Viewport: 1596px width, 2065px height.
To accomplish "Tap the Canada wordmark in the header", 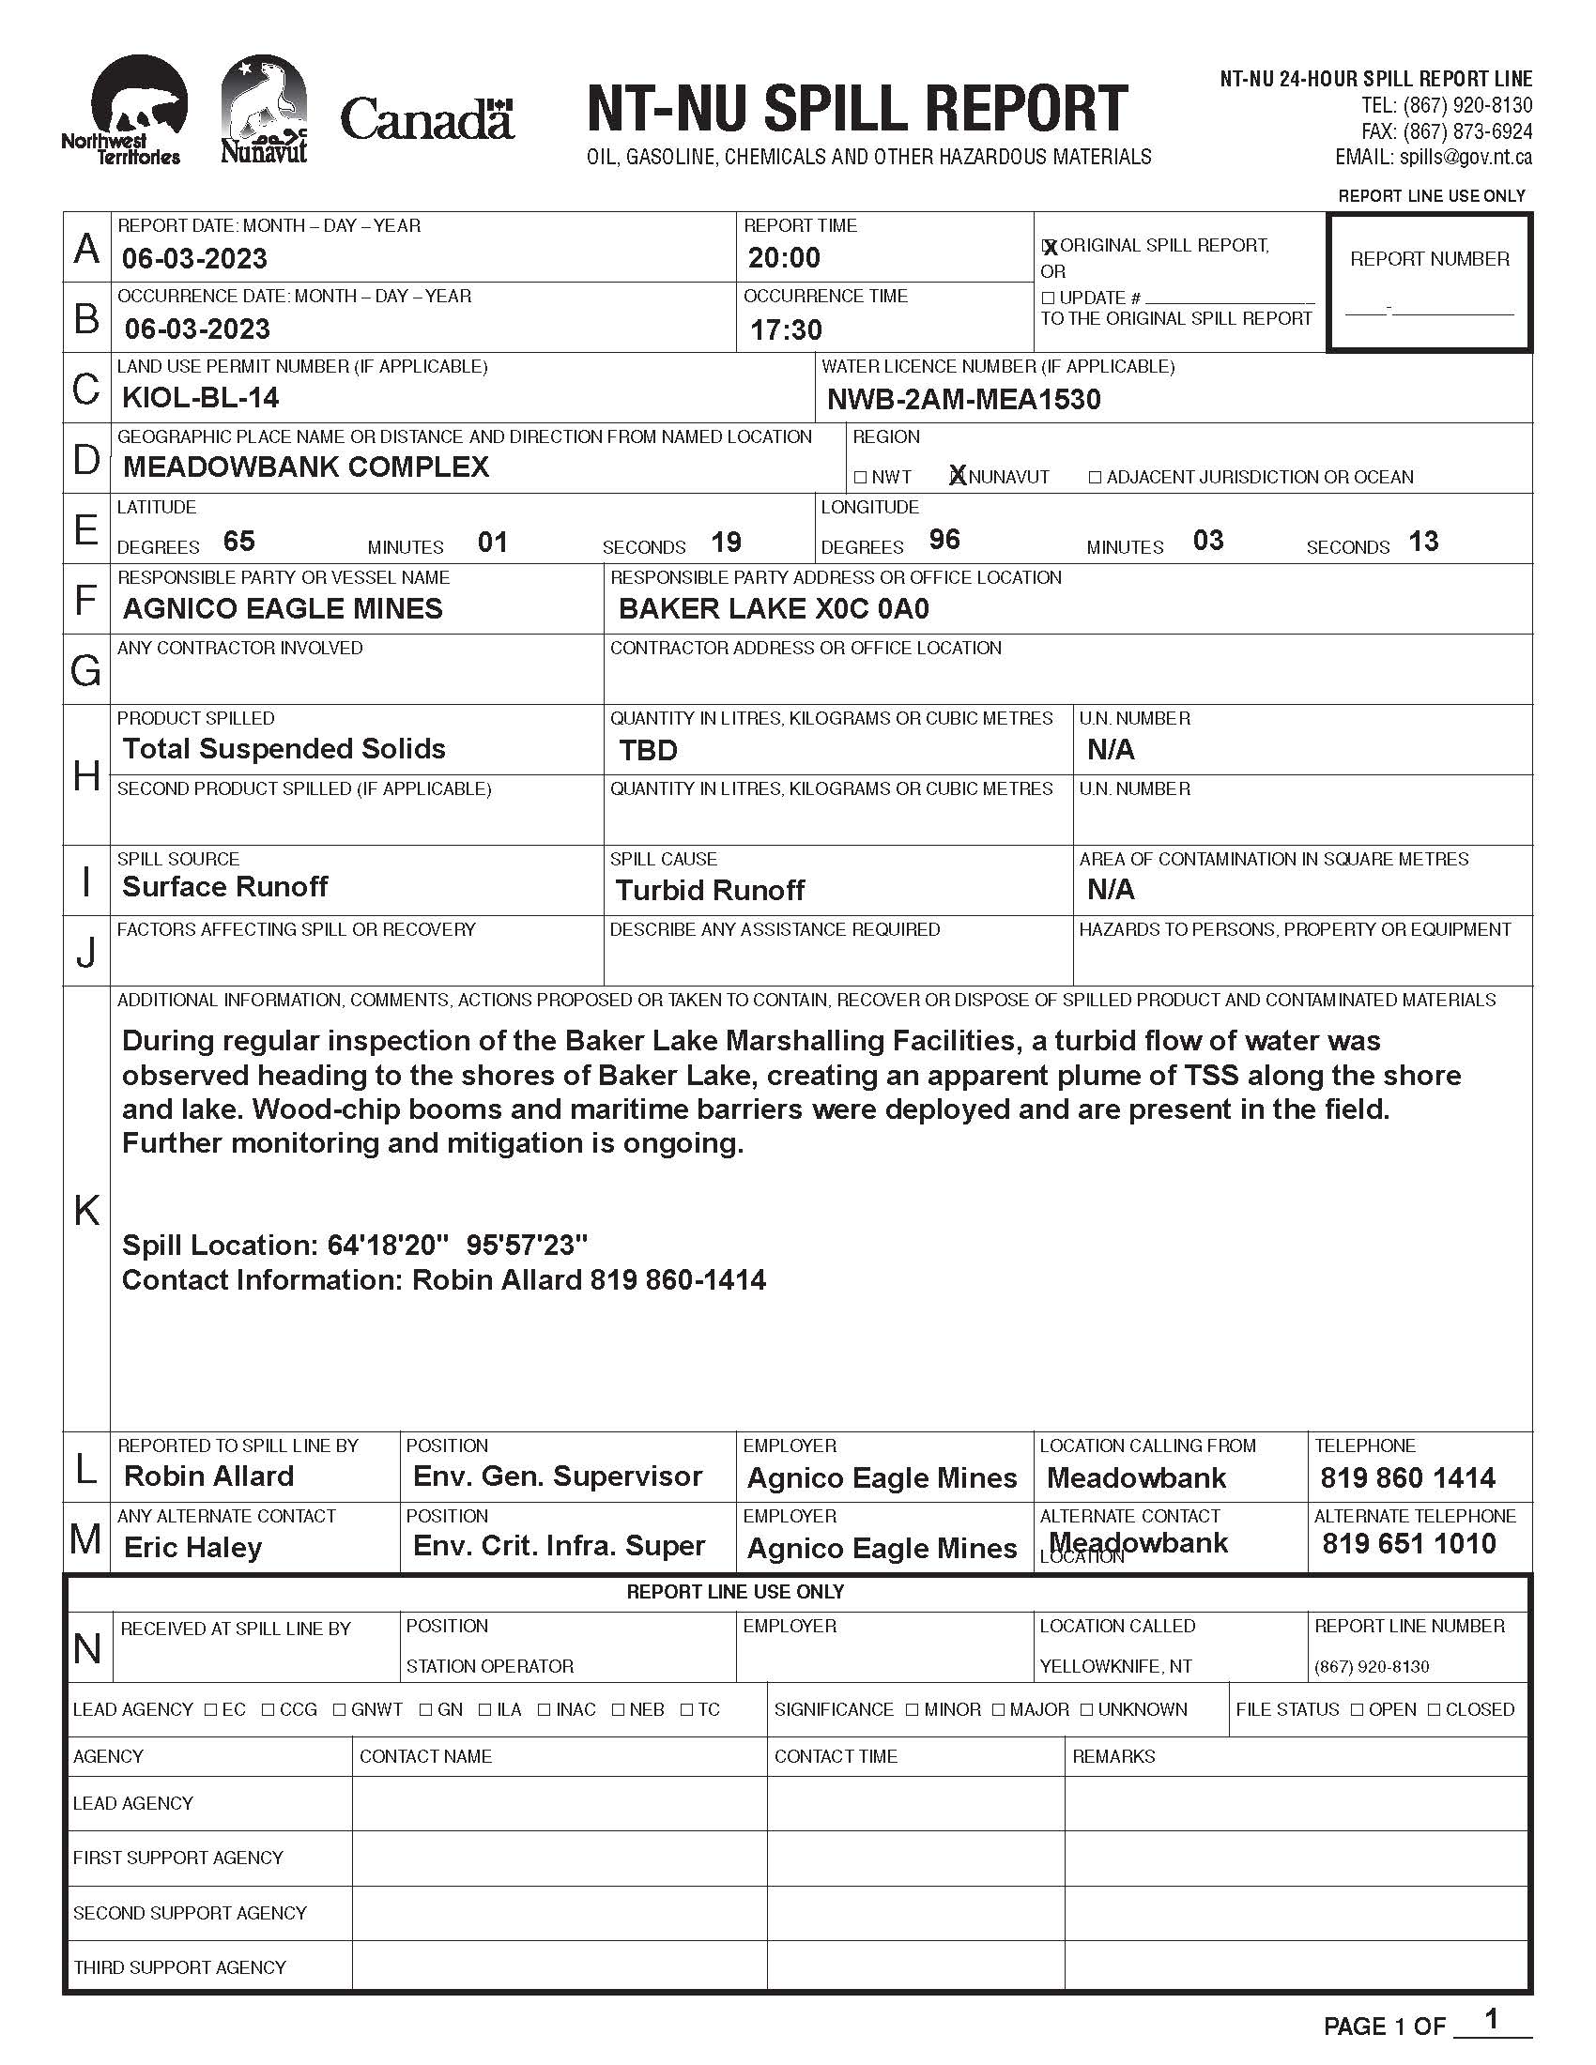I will pos(426,120).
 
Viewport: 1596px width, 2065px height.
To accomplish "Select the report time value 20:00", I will pos(784,258).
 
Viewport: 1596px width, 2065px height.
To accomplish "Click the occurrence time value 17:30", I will pos(786,330).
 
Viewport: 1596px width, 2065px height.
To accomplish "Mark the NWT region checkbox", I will pos(859,478).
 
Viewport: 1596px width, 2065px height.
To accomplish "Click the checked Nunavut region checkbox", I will pos(957,477).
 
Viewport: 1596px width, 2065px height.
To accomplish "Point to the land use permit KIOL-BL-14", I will pos(201,398).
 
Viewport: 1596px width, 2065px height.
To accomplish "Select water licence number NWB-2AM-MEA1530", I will pos(963,400).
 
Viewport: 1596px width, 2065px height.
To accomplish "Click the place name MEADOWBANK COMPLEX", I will pos(306,467).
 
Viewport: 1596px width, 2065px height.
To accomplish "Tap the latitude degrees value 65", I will pos(239,542).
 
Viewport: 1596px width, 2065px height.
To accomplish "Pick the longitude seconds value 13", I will pos(1423,542).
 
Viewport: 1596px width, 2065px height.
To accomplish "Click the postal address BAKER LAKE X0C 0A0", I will pos(774,609).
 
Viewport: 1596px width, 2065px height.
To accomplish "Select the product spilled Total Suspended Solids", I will pos(284,749).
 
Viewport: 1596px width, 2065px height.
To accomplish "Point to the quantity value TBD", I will pos(648,751).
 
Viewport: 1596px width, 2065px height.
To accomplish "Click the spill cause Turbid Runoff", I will pos(709,891).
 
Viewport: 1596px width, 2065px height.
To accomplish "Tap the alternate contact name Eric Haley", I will pos(192,1548).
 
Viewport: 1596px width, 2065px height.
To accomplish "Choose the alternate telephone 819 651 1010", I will pos(1409,1544).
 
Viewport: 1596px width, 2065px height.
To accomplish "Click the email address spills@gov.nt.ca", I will pos(1466,158).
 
